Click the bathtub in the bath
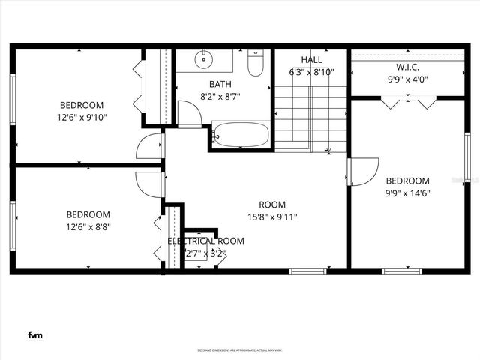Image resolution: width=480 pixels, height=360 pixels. [x=240, y=136]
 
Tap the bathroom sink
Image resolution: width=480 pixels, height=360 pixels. [x=205, y=59]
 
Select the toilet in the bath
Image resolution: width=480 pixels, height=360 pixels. [x=256, y=63]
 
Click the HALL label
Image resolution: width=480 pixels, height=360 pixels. [x=311, y=59]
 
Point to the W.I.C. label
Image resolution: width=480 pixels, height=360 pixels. [x=407, y=66]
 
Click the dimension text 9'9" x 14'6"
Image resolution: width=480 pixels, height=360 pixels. [x=407, y=193]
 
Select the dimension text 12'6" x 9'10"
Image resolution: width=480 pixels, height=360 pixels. [x=82, y=118]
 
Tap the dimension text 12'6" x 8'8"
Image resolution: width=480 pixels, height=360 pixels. [x=88, y=226]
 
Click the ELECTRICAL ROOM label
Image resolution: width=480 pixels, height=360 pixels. [x=205, y=241]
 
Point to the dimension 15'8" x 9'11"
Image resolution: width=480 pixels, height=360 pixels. [x=272, y=218]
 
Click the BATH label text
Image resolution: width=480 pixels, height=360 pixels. [x=220, y=84]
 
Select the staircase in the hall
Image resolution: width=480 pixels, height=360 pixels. [x=310, y=117]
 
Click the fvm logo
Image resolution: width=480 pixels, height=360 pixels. [x=34, y=334]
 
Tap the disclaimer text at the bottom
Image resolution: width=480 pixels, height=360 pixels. [x=238, y=349]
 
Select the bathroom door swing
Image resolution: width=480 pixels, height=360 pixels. [x=188, y=115]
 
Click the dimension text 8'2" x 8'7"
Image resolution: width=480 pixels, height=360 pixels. [x=221, y=97]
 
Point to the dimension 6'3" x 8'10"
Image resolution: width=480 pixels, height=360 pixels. [x=311, y=73]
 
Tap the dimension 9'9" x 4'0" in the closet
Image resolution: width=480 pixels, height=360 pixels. [x=407, y=79]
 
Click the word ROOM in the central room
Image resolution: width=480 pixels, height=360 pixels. [x=272, y=205]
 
